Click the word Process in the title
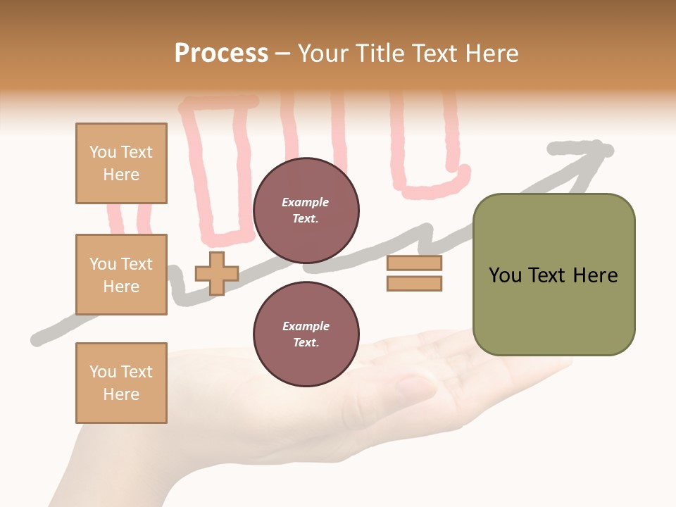click(x=221, y=54)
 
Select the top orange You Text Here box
click(x=121, y=163)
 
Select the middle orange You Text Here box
click(x=121, y=275)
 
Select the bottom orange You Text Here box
click(x=121, y=383)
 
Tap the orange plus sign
click(x=217, y=273)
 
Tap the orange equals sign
click(x=414, y=273)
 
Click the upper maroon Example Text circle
click(x=306, y=211)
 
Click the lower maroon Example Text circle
click(x=306, y=334)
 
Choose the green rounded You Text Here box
click(x=553, y=275)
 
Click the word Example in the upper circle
click(x=306, y=202)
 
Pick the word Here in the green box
click(x=595, y=275)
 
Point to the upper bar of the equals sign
click(x=414, y=263)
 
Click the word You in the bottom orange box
click(x=102, y=372)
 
